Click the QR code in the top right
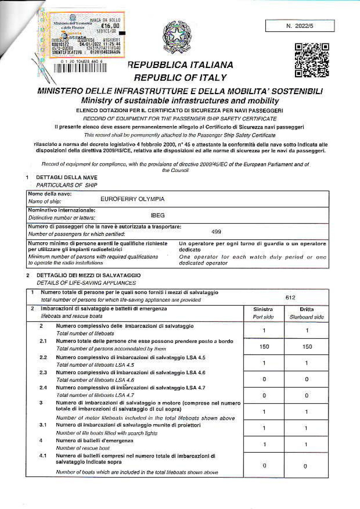312,60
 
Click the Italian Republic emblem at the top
177,37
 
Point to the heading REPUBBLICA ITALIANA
180,65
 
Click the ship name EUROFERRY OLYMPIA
133,199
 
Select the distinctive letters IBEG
157,214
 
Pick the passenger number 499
216,231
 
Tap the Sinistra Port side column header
263,313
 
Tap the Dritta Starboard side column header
306,313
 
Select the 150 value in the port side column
264,346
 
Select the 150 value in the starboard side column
307,346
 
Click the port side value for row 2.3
264,379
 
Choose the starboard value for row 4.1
307,466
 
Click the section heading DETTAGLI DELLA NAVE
67,178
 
